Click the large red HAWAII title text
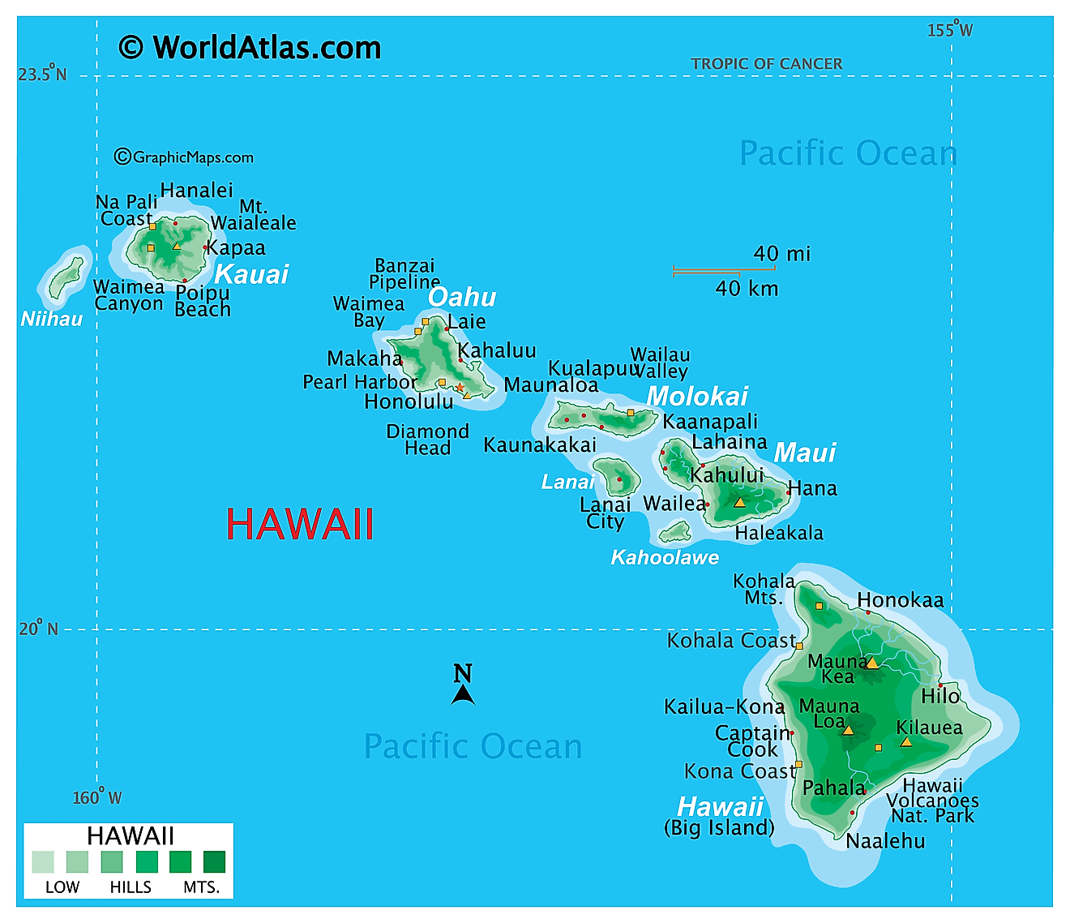tap(300, 524)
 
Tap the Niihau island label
tap(52, 319)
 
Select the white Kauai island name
tap(251, 274)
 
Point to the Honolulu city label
tap(409, 401)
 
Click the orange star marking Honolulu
tap(460, 388)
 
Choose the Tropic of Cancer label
tap(766, 63)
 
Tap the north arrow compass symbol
tap(463, 685)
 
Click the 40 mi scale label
tap(781, 254)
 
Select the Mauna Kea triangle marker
tap(872, 663)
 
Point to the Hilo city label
tap(940, 696)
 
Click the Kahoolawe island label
tap(665, 557)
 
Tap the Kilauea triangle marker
tap(906, 742)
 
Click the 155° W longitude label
tap(950, 30)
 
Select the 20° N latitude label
tap(39, 629)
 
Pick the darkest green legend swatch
tap(214, 861)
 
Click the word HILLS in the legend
tap(131, 887)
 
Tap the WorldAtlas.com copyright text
tap(250, 47)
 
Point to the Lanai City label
tap(605, 513)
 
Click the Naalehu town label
tap(885, 841)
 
